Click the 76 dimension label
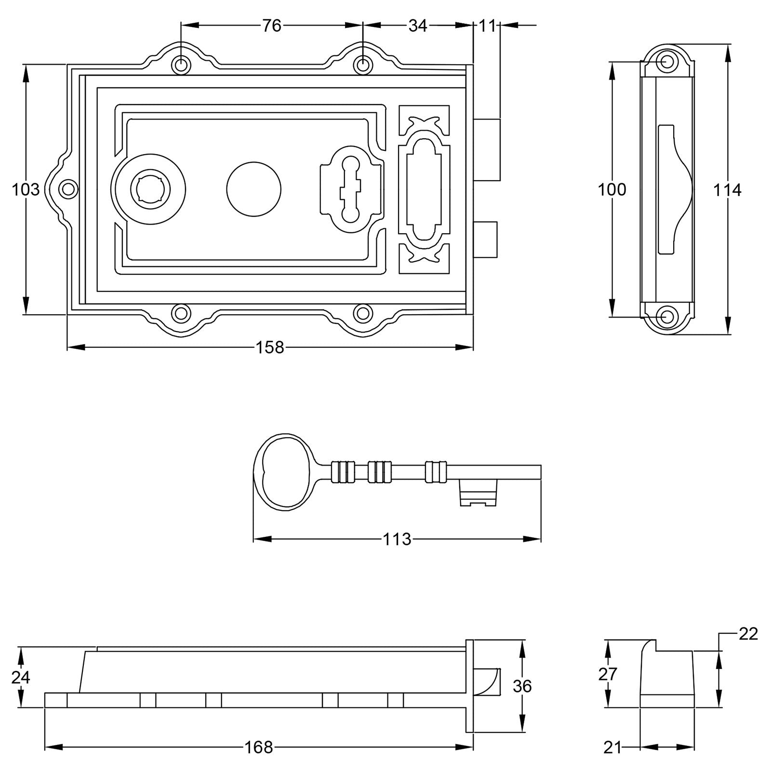coord(271,26)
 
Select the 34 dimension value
coord(417,26)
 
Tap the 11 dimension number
coord(487,26)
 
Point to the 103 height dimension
coord(26,189)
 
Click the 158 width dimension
coord(270,347)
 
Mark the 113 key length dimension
coord(397,539)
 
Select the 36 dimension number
coord(522,686)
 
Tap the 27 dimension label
coord(607,674)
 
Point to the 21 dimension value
coord(612,747)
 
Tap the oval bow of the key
coord(283,471)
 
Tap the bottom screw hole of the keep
coord(667,317)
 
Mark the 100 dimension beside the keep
coord(612,190)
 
